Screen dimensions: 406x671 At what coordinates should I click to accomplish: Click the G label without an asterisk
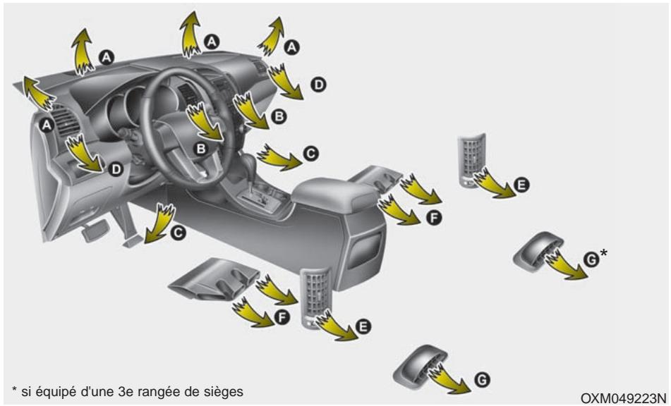[x=482, y=380]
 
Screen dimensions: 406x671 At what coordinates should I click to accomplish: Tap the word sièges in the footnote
[x=226, y=390]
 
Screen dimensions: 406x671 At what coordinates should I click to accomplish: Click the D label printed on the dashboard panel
[x=116, y=169]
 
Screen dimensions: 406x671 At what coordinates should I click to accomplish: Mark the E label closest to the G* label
[x=520, y=185]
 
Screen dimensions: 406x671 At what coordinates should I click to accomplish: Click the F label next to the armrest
[x=435, y=219]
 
